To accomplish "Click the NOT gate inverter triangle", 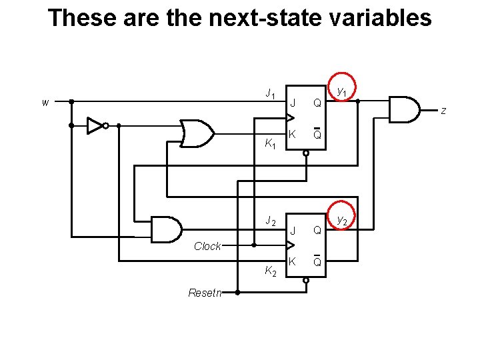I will tap(95, 125).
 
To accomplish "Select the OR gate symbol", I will tap(197, 133).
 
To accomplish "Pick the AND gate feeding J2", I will tap(167, 229).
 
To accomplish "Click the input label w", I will tap(45, 103).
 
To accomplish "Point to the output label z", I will tap(443, 111).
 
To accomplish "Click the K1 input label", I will tap(270, 143).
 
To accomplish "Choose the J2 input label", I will tap(270, 221).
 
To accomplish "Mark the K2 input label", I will tap(270, 271).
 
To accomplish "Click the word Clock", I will tap(207, 246).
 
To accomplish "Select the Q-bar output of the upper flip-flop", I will tap(317, 135).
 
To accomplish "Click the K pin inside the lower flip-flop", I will tap(292, 261).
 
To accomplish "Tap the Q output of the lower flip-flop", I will tap(317, 231).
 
